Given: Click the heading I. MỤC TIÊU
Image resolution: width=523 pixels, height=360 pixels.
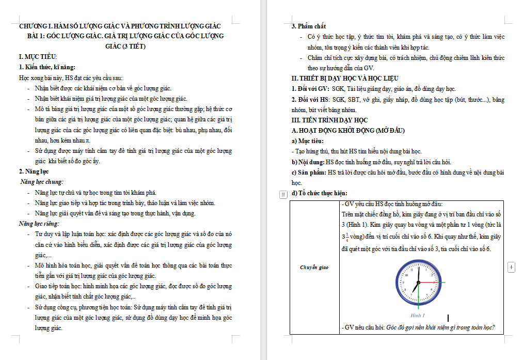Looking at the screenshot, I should [38, 57].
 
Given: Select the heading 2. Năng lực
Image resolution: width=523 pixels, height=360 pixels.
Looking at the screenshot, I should [34, 171].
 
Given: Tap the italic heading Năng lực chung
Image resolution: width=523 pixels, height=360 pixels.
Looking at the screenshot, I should [41, 182].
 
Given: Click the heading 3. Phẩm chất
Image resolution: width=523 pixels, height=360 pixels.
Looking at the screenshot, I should [309, 26].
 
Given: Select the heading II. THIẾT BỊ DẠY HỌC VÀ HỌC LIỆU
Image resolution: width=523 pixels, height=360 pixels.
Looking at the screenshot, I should [344, 78].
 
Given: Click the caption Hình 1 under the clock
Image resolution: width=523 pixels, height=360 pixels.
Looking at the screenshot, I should [417, 315].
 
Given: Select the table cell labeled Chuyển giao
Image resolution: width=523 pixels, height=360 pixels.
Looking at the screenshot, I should [314, 268].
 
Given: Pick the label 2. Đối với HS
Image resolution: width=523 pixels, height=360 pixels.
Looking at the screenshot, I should [311, 99].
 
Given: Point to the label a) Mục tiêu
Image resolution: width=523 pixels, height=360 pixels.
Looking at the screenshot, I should [308, 140].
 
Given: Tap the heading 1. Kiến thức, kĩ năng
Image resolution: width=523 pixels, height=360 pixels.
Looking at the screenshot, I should [47, 67].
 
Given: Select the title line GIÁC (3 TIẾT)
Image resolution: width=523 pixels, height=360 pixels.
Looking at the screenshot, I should [125, 46].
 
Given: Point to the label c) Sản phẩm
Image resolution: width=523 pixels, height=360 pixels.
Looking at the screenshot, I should [310, 172].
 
